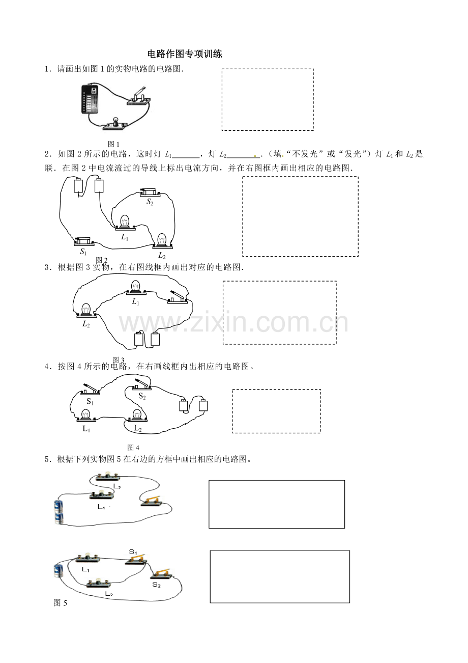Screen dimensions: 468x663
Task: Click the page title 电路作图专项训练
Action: [x=185, y=54]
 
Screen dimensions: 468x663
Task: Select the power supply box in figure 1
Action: [x=90, y=99]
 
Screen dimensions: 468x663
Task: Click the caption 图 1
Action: [x=113, y=144]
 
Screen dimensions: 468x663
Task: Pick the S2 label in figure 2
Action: [x=150, y=202]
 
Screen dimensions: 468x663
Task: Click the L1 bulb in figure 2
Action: [x=125, y=223]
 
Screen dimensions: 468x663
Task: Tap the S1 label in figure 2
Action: [x=83, y=252]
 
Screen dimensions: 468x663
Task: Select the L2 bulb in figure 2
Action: [x=162, y=241]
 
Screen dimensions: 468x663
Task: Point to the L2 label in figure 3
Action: [x=86, y=324]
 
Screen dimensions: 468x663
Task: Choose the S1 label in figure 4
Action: [x=90, y=402]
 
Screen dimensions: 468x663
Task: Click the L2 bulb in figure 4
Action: [x=137, y=416]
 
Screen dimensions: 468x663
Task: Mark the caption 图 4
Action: [x=133, y=448]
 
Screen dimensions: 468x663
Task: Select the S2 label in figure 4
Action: [x=142, y=396]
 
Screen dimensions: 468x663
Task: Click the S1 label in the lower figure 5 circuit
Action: [x=133, y=552]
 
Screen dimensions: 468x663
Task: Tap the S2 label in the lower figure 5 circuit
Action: [x=156, y=585]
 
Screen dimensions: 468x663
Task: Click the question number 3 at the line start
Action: [x=47, y=267]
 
